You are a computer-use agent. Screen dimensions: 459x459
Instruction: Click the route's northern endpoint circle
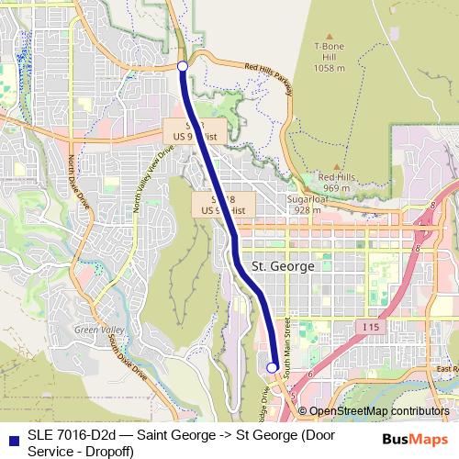(182, 66)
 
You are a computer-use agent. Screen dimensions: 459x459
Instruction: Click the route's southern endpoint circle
(272, 367)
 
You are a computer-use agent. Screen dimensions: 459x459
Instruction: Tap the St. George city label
(282, 266)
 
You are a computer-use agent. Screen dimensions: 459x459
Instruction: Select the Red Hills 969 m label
(335, 182)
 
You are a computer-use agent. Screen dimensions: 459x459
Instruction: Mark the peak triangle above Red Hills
(335, 166)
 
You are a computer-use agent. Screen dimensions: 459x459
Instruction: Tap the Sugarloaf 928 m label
(304, 204)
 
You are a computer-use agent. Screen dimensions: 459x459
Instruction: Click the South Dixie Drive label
(127, 358)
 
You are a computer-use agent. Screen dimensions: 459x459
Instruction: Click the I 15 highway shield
(370, 326)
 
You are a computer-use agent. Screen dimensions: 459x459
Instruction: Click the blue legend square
(12, 435)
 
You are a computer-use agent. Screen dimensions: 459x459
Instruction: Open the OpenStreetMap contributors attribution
(379, 411)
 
